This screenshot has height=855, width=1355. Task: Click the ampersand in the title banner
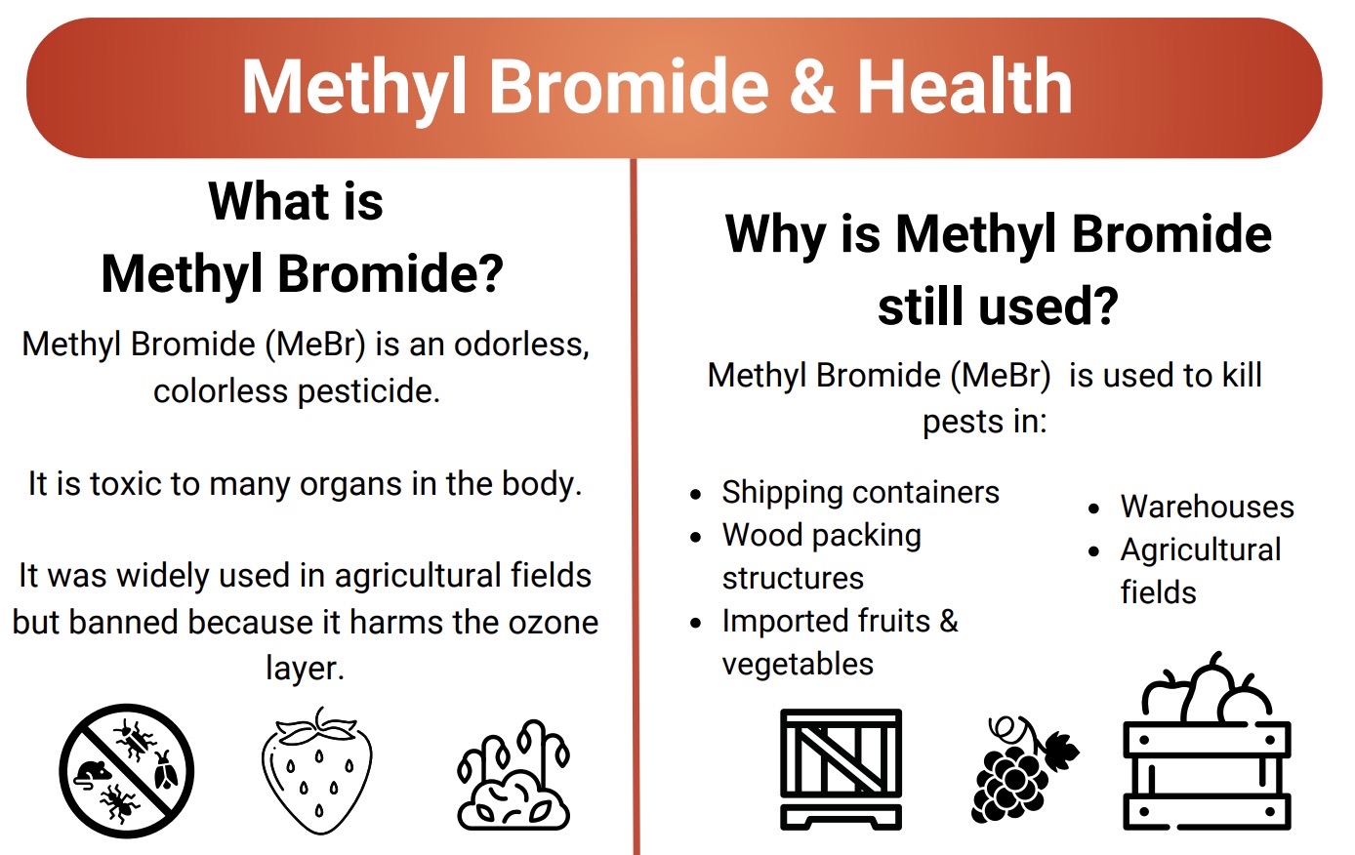click(812, 86)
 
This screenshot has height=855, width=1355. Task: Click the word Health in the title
click(965, 85)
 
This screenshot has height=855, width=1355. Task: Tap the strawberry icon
click(317, 770)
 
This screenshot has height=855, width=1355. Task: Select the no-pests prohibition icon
click(127, 771)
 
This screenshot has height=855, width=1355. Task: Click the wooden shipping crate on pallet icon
click(841, 769)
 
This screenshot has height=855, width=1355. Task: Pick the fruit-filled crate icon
click(1208, 742)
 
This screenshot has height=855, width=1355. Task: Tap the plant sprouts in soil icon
click(513, 775)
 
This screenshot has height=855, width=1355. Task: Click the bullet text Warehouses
click(1207, 507)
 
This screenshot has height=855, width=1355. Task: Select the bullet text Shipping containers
click(860, 492)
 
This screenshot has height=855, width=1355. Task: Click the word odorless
click(521, 345)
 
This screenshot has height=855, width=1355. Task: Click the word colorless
click(221, 390)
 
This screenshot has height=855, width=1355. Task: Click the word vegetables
click(798, 665)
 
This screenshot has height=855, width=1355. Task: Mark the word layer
click(305, 670)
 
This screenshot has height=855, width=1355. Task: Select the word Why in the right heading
click(775, 234)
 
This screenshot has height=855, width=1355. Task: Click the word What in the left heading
click(269, 201)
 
